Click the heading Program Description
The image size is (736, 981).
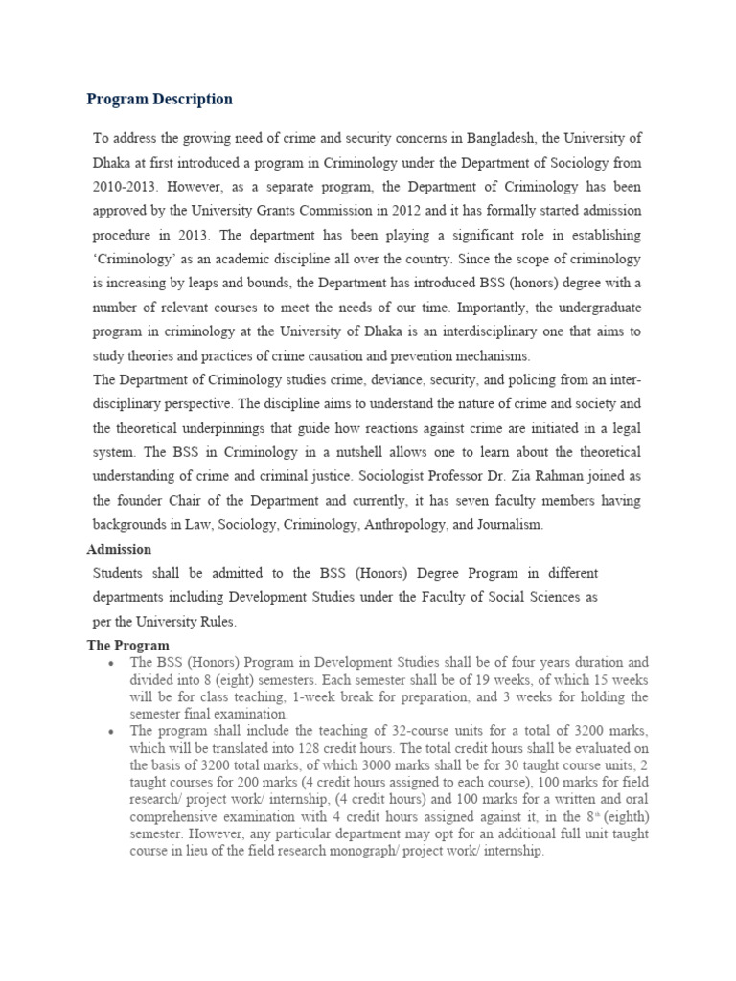click(159, 99)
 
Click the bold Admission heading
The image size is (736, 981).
click(119, 549)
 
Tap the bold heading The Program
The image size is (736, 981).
click(127, 646)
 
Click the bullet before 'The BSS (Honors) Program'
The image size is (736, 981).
click(112, 663)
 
